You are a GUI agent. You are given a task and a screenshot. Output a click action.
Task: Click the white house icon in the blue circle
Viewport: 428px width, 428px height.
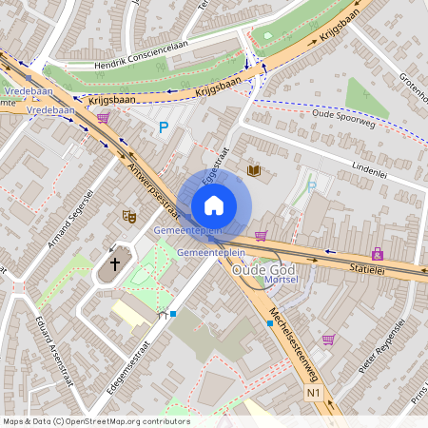tap(214, 204)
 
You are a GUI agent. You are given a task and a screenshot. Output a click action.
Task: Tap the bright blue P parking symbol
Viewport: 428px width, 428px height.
tap(163, 126)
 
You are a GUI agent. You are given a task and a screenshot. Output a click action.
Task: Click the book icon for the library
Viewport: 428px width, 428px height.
tap(253, 170)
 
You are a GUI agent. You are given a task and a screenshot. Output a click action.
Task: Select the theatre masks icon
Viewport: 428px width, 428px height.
tap(129, 217)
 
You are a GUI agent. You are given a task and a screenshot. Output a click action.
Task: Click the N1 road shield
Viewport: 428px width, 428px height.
tap(313, 393)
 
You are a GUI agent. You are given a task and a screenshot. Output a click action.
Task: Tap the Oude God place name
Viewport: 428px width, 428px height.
tap(258, 271)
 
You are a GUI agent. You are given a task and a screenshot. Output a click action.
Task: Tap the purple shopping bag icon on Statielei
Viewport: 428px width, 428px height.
tap(378, 254)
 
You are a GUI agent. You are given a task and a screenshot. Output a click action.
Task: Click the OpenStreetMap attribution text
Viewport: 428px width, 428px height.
tap(96, 421)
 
